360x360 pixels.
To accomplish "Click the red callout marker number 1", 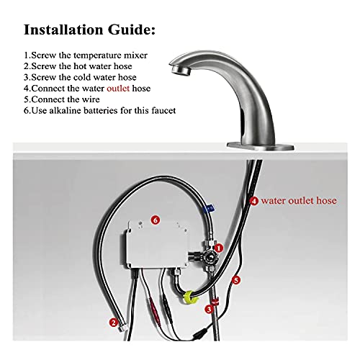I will tap(220, 247).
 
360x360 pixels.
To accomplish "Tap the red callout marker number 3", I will tap(209, 309).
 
